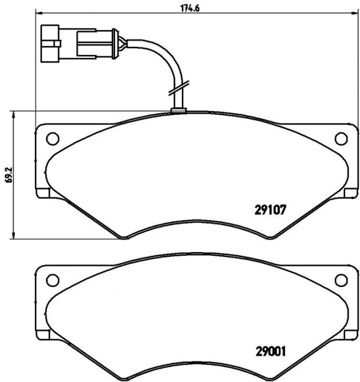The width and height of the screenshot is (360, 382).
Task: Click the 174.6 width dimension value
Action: point(190,8)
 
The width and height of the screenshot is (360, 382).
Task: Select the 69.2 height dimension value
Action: point(10,175)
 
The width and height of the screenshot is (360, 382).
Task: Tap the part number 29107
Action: point(270,210)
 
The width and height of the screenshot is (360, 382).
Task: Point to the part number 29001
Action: point(270,351)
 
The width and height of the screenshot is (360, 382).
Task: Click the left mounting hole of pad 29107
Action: point(52,139)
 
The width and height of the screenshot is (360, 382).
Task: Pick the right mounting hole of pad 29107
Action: point(341,139)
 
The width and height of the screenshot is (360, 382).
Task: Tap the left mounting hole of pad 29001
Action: point(52,280)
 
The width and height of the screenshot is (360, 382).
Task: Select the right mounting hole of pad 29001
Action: point(341,280)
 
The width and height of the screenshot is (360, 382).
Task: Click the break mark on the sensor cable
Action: point(179,88)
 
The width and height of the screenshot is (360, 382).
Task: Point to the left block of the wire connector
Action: point(50,43)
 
